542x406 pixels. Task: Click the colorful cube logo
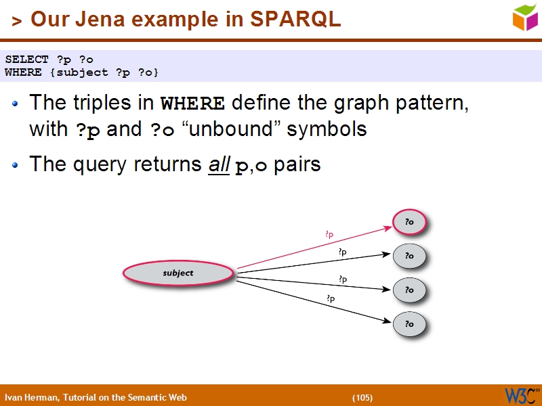pos(525,18)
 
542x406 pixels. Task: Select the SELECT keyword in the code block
pos(26,60)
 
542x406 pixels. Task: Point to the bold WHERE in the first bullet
pos(192,104)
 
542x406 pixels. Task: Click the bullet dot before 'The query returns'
pos(16,164)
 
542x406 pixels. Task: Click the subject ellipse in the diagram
pos(178,273)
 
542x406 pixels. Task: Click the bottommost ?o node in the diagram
pos(409,324)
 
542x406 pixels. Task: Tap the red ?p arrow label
pos(329,235)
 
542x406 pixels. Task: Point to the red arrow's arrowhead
pos(388,228)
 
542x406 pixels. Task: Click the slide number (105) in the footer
pos(362,397)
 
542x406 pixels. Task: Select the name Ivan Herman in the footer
pos(32,397)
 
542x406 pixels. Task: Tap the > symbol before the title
pos(17,22)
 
